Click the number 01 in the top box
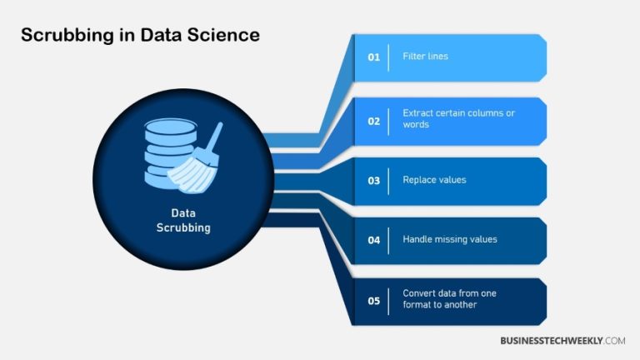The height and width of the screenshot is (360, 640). (373, 57)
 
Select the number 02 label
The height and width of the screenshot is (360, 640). (373, 121)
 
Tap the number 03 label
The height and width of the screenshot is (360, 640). (373, 181)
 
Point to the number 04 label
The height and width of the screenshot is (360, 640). (373, 240)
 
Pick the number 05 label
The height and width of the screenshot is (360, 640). (373, 299)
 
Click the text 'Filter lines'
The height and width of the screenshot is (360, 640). (425, 57)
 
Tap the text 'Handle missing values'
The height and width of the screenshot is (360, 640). (449, 240)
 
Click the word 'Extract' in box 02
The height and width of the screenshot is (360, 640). (418, 113)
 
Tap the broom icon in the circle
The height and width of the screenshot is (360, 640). (197, 158)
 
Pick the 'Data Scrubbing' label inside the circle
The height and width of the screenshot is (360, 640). (183, 220)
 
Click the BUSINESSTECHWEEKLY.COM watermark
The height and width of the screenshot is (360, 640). (562, 341)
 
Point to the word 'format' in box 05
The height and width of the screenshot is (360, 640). (417, 305)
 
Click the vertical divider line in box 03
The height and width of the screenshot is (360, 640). (389, 181)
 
